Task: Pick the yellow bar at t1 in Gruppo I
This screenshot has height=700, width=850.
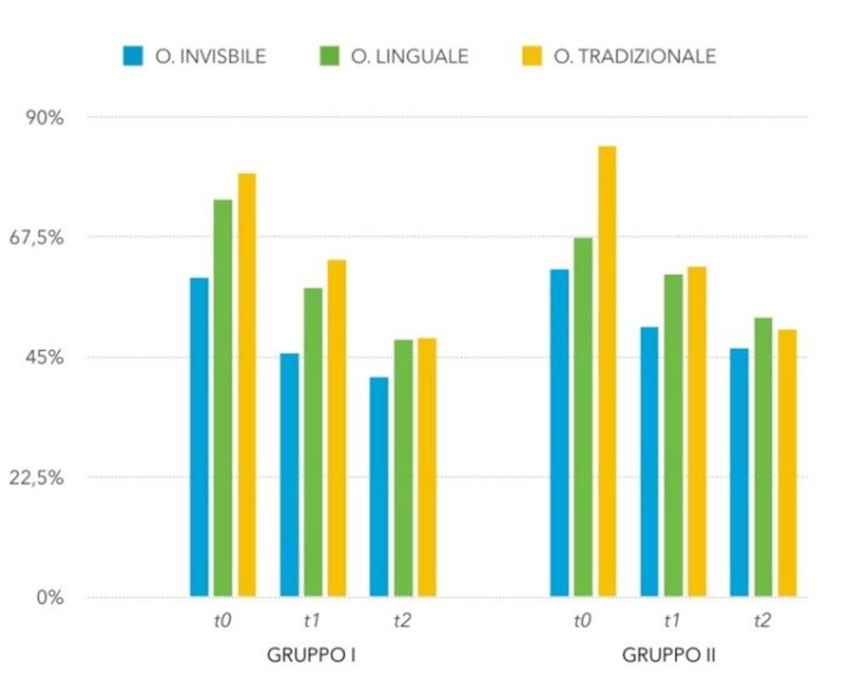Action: (x=336, y=428)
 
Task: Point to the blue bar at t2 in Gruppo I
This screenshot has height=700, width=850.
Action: (x=378, y=487)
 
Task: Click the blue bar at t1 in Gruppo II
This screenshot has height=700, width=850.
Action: (x=649, y=462)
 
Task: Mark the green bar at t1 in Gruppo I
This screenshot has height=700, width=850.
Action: (x=313, y=443)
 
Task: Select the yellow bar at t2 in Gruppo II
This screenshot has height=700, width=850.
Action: (x=787, y=464)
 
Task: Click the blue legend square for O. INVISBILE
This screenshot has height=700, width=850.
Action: (x=133, y=56)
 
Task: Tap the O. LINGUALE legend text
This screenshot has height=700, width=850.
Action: (x=409, y=57)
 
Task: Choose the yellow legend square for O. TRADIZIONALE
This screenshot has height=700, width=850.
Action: (x=531, y=56)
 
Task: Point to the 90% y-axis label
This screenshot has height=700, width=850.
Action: (x=44, y=118)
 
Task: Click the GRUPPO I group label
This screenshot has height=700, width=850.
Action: (x=311, y=655)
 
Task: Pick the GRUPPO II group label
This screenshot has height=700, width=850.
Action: (x=668, y=655)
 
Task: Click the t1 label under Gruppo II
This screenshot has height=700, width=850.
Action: (x=672, y=621)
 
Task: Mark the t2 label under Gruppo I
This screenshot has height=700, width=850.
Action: (x=402, y=621)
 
